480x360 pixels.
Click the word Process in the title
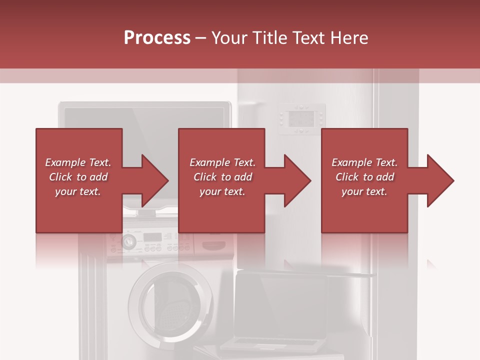click(157, 38)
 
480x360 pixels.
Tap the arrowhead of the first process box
click(155, 180)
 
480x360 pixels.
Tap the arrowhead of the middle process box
click(298, 180)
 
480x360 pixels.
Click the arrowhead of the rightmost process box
click(440, 180)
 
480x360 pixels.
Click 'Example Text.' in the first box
click(78, 162)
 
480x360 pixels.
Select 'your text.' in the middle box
click(222, 191)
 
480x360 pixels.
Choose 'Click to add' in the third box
click(364, 177)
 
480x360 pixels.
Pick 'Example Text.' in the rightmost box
click(364, 162)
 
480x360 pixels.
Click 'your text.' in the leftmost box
click(78, 191)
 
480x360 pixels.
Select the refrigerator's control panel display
click(302, 119)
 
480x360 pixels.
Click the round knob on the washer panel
click(128, 242)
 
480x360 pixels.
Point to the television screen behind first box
click(145, 117)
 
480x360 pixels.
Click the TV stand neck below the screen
click(145, 212)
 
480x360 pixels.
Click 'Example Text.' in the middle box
click(222, 162)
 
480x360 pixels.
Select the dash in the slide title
click(200, 38)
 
